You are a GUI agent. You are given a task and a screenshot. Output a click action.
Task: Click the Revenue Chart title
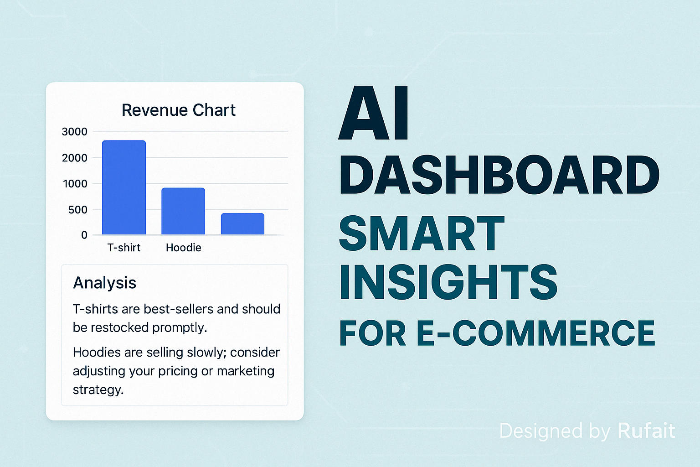[x=179, y=110]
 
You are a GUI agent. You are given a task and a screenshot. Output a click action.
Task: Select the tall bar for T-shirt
[x=124, y=187]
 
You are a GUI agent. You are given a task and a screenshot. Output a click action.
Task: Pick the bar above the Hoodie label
[x=183, y=211]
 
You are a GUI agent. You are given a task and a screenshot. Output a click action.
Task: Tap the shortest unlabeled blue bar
[x=242, y=224]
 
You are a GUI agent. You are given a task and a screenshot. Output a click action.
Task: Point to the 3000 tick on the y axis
[x=74, y=132]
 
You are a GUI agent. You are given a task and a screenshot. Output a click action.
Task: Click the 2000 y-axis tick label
[x=74, y=158]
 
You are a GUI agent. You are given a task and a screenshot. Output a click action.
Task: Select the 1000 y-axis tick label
[x=75, y=184]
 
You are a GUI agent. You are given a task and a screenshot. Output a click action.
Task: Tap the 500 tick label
[x=78, y=210]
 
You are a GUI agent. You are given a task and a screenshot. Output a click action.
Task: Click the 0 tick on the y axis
[x=84, y=235]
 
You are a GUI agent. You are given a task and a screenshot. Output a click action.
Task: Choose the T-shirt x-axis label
[x=124, y=248]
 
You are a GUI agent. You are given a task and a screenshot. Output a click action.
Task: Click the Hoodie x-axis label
[x=184, y=248]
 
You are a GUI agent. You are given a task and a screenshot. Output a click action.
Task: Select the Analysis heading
[x=104, y=283]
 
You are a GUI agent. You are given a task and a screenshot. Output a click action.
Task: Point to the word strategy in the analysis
[x=98, y=390]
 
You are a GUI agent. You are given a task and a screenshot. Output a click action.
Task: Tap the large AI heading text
[x=374, y=113]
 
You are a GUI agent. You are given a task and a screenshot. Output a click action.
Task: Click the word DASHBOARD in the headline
[x=499, y=175]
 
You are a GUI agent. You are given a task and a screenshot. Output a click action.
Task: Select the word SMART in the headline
[x=422, y=233]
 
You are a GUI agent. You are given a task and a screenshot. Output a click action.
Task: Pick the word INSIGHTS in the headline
[x=448, y=281]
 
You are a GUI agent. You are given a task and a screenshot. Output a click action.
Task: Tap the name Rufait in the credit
[x=646, y=431]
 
